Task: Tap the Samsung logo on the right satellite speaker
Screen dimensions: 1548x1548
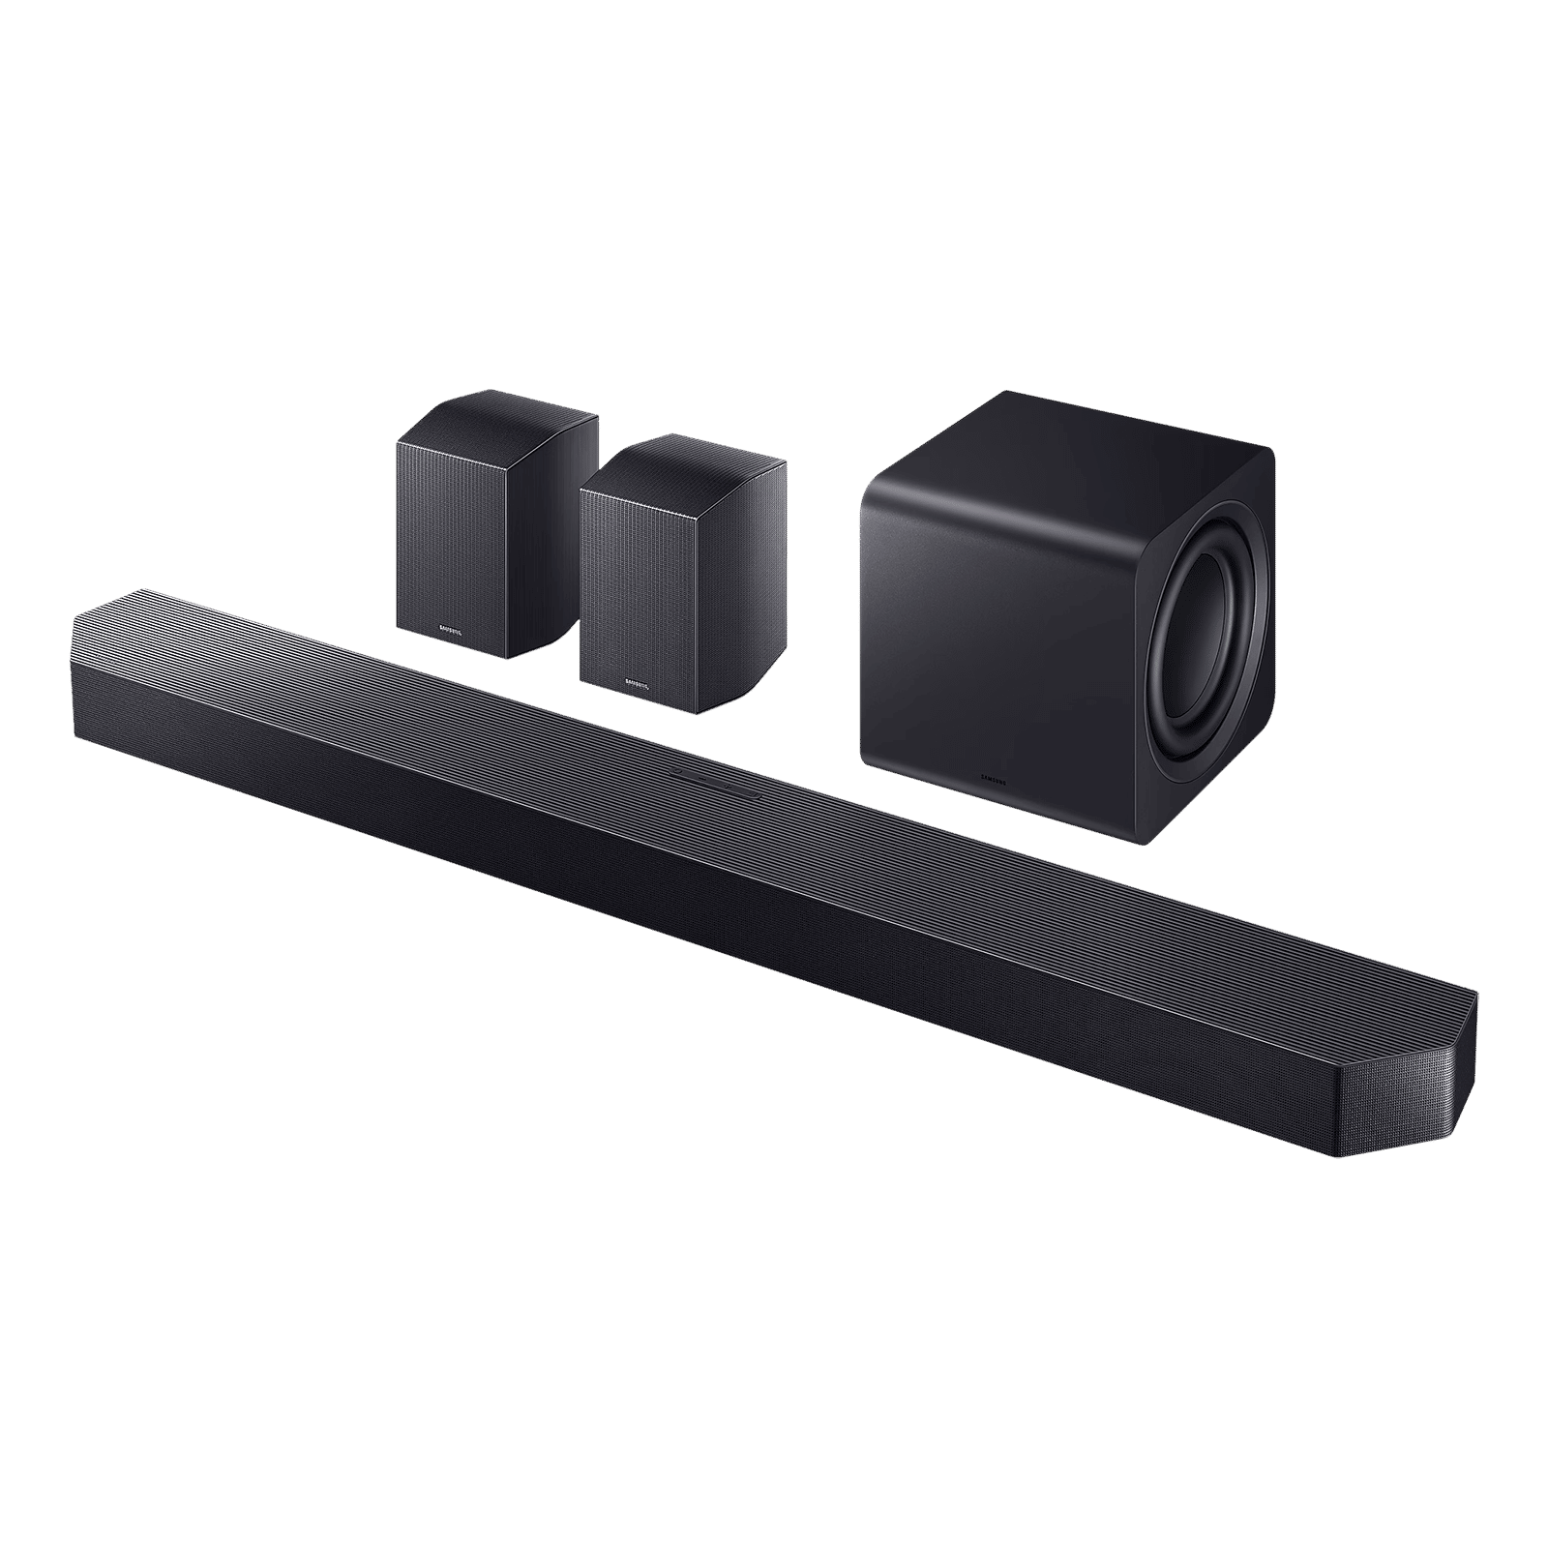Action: coord(638,684)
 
